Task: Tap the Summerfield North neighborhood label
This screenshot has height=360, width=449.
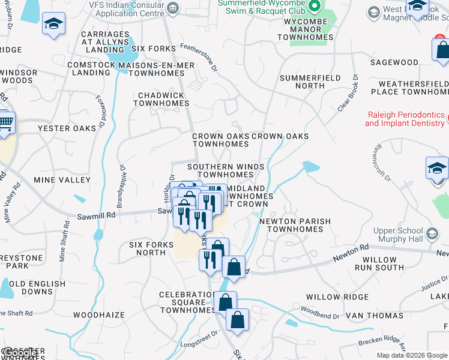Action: pyautogui.click(x=310, y=82)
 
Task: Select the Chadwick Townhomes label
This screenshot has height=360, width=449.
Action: pyautogui.click(x=161, y=99)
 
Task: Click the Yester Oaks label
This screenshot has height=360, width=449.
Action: pyautogui.click(x=67, y=128)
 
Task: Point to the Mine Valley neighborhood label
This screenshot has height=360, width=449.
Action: pyautogui.click(x=62, y=179)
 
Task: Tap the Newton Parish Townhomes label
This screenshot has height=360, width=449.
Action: pyautogui.click(x=295, y=225)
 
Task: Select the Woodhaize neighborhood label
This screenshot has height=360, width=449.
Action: pyautogui.click(x=99, y=314)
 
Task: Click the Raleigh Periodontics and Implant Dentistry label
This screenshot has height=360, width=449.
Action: pyautogui.click(x=405, y=119)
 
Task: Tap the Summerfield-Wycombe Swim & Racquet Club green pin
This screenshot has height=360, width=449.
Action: pyautogui.click(x=314, y=7)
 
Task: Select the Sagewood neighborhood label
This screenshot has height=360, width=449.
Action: pyautogui.click(x=394, y=62)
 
